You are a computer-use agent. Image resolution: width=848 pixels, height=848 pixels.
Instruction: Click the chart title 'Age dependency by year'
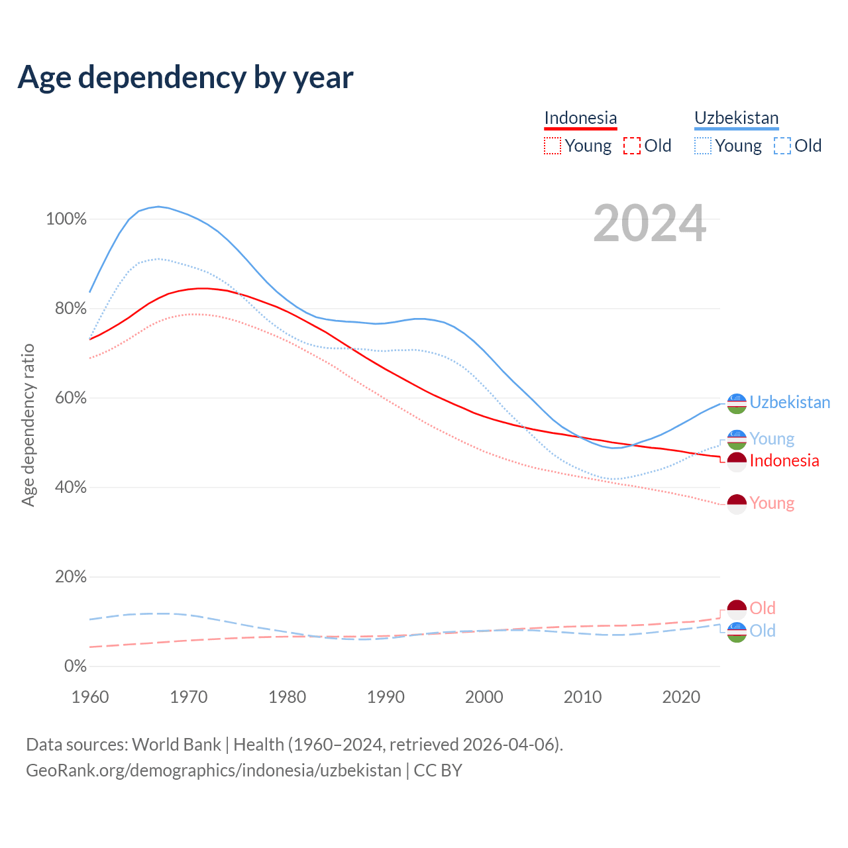[185, 78]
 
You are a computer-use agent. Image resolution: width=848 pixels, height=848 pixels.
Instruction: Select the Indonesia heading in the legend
[580, 118]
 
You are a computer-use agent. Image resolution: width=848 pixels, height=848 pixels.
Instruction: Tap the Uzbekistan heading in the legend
[736, 118]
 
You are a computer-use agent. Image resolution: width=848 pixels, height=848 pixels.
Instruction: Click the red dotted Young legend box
[552, 146]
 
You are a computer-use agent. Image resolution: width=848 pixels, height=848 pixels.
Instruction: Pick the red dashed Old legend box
[632, 146]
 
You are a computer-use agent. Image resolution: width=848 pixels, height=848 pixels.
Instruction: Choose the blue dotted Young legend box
[703, 146]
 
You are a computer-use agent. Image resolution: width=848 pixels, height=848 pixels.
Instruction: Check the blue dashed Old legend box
[782, 146]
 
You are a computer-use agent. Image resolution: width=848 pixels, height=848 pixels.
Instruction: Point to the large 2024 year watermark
[649, 224]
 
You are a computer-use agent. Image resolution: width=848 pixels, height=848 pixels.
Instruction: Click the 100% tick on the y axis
[66, 219]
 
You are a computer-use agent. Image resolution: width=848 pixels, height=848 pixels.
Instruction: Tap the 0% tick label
[75, 666]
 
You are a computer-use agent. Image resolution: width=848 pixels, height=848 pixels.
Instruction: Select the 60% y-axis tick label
[70, 398]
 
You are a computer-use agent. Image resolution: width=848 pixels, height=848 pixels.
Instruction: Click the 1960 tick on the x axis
[90, 697]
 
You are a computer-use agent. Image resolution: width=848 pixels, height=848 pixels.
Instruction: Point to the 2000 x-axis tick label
[484, 697]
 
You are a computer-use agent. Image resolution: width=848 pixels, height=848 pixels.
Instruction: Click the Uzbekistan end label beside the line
[790, 403]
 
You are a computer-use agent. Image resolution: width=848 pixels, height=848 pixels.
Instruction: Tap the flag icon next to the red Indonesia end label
[737, 461]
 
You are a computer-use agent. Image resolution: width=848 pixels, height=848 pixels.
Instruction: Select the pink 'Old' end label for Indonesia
[763, 608]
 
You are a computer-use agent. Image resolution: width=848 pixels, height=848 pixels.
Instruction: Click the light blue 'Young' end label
[772, 439]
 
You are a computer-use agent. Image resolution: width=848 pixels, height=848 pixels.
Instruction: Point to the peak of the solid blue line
[158, 206]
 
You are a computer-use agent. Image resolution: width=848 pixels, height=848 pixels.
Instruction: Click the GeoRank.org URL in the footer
[213, 770]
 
